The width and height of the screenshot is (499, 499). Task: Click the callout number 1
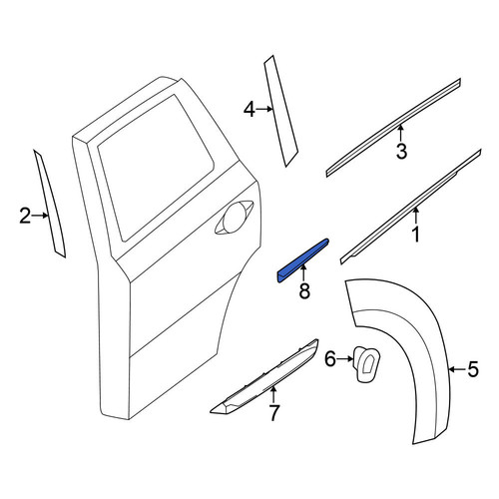point(416,235)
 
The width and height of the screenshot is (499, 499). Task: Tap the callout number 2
point(25,216)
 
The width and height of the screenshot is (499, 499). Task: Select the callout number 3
point(401,151)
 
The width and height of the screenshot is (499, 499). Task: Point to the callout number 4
point(249,110)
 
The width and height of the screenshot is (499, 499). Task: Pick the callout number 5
point(473,369)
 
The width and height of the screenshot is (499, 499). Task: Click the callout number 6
point(330,359)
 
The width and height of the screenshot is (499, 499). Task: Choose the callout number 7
point(273,413)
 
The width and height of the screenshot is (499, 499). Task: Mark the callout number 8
point(304,290)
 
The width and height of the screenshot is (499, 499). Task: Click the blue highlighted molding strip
point(302,260)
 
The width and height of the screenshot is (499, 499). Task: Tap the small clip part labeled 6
point(366,364)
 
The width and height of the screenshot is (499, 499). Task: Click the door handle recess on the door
point(234,218)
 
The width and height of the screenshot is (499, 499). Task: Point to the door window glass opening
point(157,167)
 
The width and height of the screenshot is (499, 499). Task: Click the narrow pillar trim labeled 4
point(280,111)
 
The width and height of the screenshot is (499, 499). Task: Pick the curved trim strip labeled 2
point(50,204)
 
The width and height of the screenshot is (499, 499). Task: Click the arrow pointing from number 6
point(345,359)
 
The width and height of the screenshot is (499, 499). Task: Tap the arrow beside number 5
point(457,369)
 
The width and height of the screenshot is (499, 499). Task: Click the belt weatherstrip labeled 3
point(393,128)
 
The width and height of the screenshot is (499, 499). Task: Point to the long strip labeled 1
point(411,207)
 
